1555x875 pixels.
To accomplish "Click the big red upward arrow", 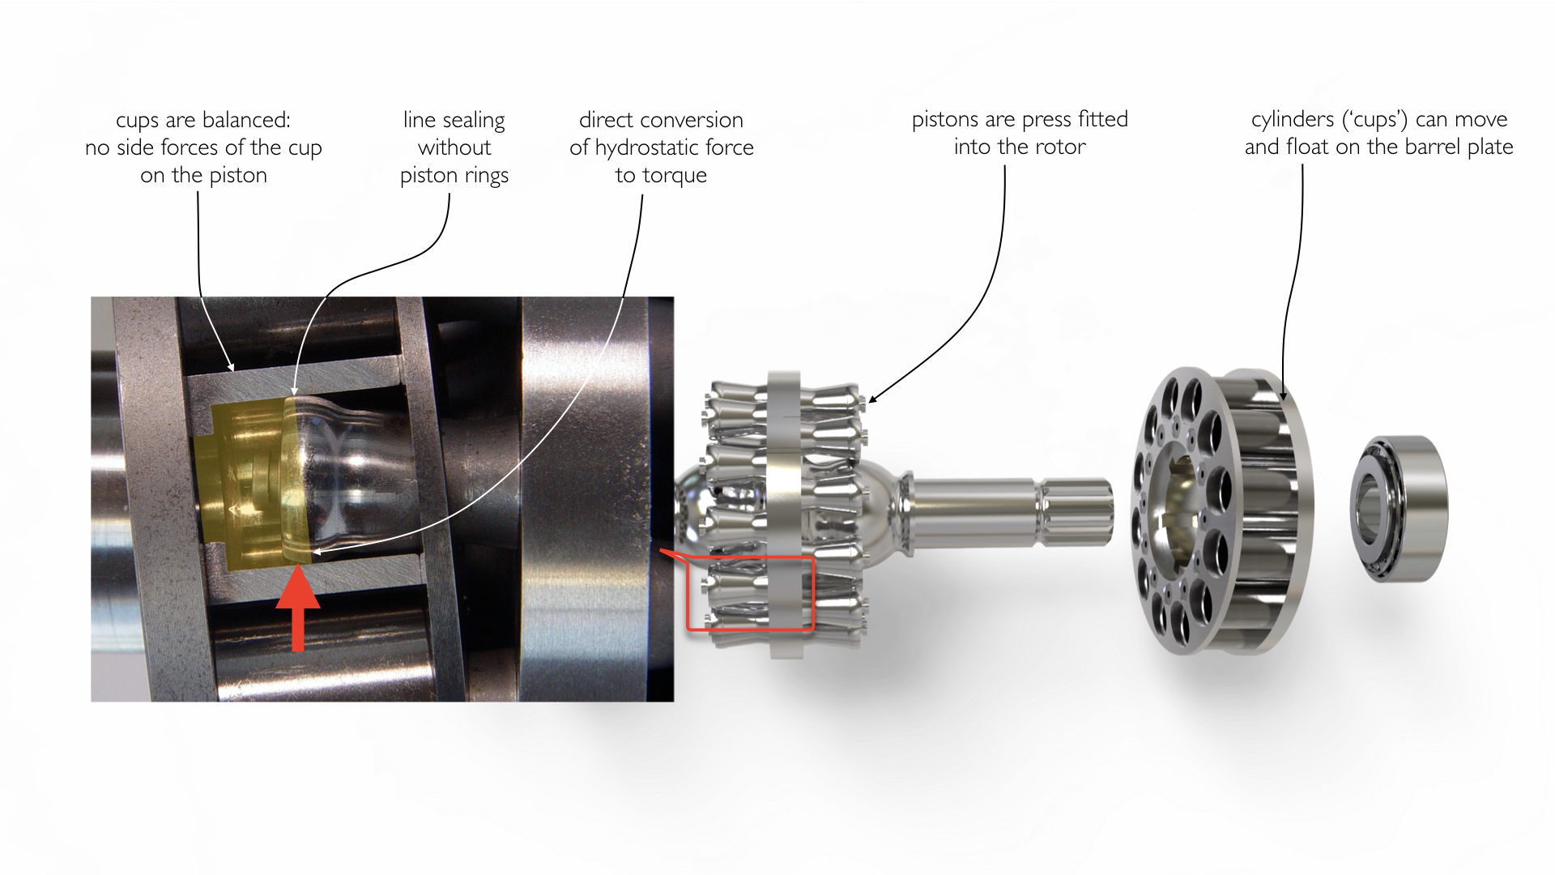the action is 298,608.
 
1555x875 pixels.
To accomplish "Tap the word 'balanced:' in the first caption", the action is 246,120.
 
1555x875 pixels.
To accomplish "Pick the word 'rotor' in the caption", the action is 1060,147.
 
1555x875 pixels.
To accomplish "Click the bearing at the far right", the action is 1399,508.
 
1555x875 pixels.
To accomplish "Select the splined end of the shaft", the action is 1076,512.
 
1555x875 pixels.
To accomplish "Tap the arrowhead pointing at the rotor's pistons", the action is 871,399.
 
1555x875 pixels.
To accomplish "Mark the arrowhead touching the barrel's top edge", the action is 1283,394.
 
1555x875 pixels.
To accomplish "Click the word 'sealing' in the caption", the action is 474,121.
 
